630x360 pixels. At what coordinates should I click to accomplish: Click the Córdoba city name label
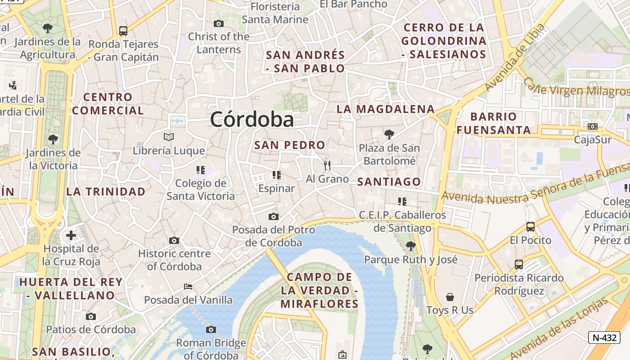(x=252, y=119)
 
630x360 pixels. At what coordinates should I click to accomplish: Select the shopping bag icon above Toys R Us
(x=450, y=297)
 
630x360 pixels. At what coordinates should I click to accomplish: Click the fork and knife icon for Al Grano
(x=327, y=166)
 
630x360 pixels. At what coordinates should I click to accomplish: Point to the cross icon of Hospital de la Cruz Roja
(x=71, y=235)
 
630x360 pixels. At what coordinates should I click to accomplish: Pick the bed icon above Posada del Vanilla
(x=188, y=287)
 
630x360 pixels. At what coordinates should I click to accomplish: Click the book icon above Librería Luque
(x=169, y=137)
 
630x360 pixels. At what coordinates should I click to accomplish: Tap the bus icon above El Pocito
(x=531, y=227)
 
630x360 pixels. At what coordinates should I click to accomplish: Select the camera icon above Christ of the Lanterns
(x=219, y=23)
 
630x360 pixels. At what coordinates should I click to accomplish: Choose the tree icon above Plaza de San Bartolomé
(x=389, y=134)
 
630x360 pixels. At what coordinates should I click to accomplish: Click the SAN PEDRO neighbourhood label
(x=289, y=145)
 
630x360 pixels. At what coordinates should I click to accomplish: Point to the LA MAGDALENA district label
(x=386, y=109)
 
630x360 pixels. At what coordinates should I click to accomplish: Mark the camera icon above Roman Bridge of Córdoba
(x=211, y=329)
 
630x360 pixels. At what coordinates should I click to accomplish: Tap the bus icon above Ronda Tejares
(x=123, y=31)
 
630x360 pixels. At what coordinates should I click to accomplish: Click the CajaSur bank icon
(x=593, y=126)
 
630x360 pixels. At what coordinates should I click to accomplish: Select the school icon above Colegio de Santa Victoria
(x=201, y=170)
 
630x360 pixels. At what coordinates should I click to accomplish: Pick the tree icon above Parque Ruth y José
(x=410, y=246)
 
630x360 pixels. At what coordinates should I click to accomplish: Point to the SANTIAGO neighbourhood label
(x=389, y=182)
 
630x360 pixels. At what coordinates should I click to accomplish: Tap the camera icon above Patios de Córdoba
(x=91, y=316)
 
